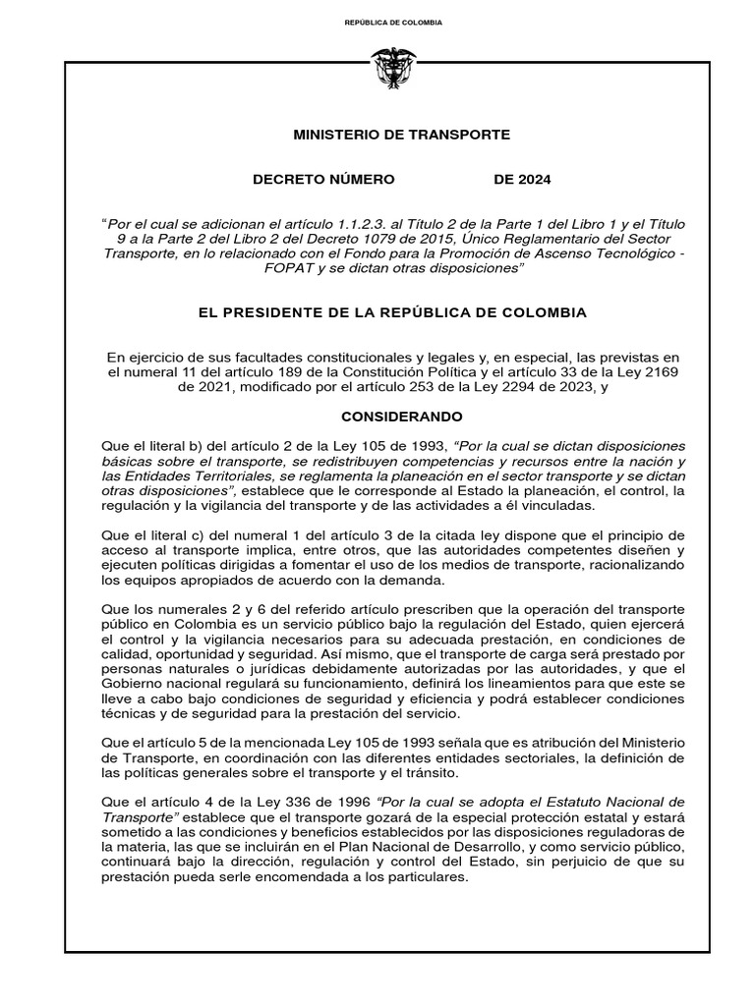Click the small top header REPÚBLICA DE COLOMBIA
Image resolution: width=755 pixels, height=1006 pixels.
pyautogui.click(x=393, y=22)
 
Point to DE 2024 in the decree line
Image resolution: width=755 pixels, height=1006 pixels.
pyautogui.click(x=522, y=179)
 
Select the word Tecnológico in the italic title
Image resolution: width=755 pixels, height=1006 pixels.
pyautogui.click(x=626, y=252)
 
